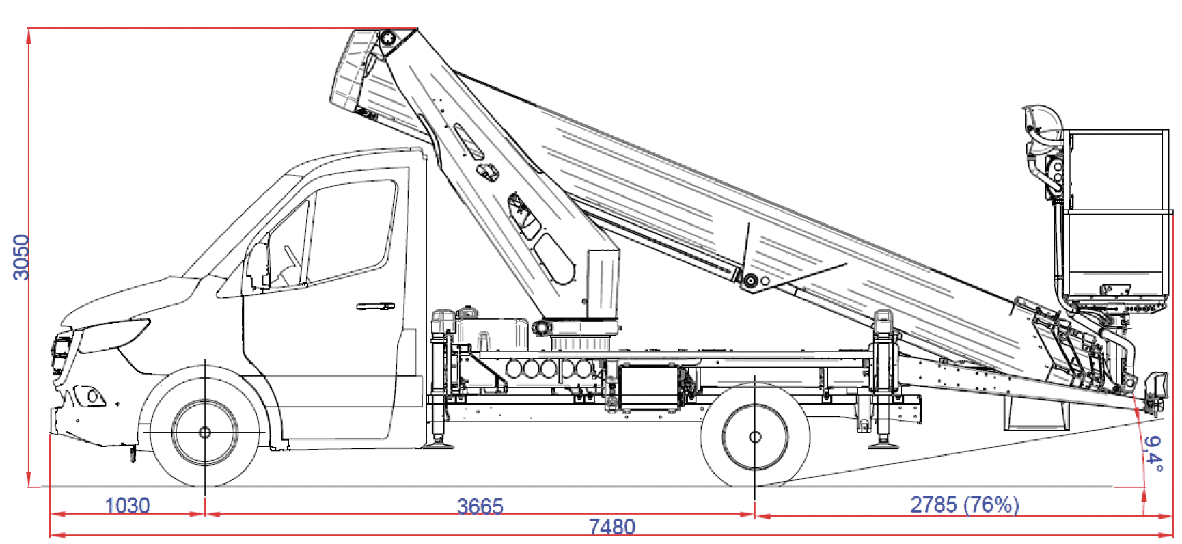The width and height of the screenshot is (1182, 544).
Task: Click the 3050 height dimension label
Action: point(21,257)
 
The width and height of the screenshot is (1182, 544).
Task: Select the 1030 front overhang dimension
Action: point(127,506)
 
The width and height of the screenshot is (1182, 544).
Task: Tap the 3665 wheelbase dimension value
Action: point(480,506)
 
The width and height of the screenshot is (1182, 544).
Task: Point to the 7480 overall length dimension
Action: point(612,527)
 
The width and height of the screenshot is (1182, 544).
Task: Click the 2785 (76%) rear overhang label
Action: point(965,504)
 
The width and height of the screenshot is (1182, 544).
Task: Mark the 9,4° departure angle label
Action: point(1153,454)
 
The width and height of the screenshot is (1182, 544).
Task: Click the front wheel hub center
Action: point(205,433)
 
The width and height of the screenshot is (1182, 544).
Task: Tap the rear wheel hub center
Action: point(755,437)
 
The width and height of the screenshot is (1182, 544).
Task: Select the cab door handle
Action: point(376,306)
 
